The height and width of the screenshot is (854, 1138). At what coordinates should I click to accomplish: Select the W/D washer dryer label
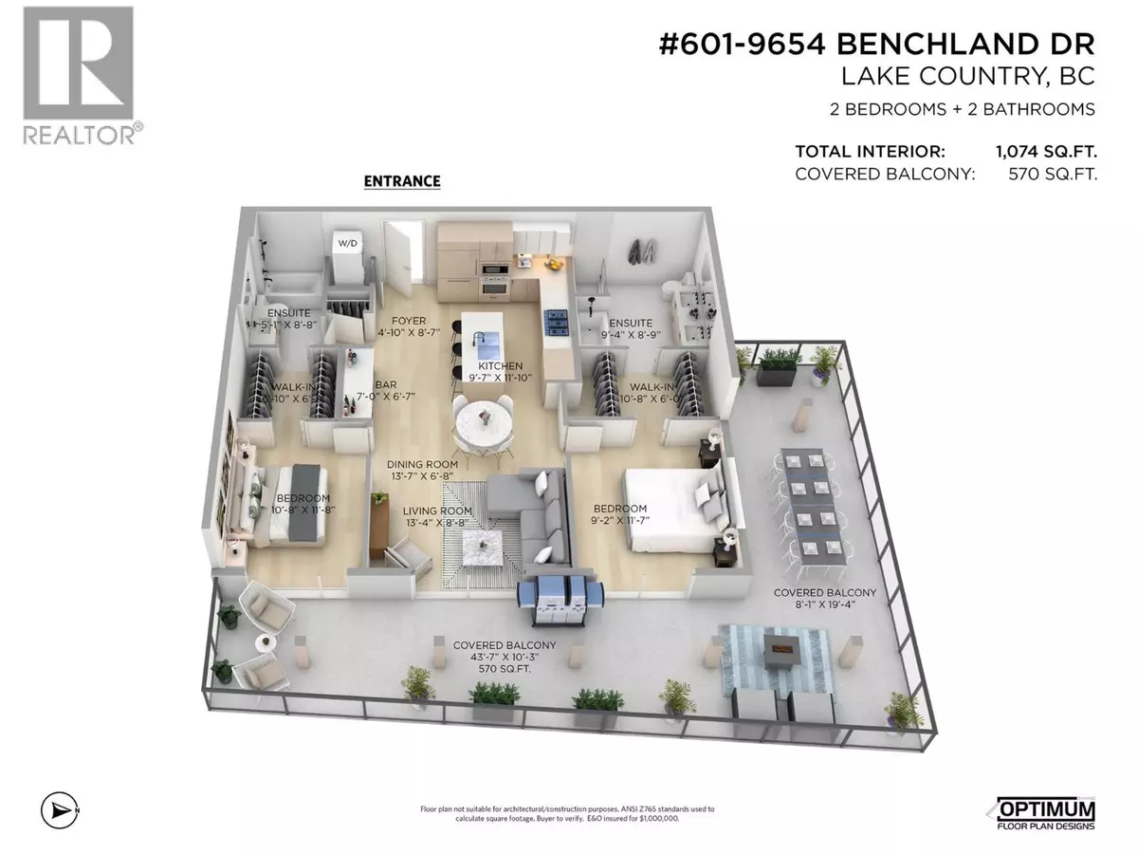(x=344, y=243)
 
